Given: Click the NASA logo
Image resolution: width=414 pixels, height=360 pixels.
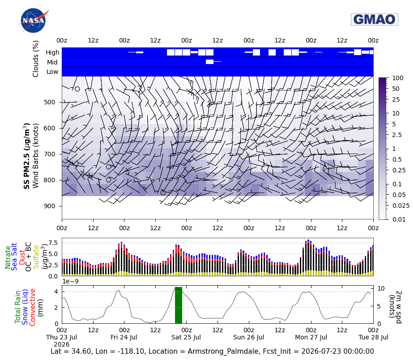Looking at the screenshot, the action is tap(34, 20).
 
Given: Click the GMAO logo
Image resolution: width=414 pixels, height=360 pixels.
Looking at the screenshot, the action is tap(375, 19).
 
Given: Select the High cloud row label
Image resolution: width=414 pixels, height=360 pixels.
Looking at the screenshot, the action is tap(52, 52).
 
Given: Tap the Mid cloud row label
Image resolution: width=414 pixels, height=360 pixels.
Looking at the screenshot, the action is tap(52, 62).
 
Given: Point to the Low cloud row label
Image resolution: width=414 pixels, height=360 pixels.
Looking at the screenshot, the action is tap(52, 72).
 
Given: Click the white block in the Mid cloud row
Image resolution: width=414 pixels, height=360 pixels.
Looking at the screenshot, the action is tap(209, 62).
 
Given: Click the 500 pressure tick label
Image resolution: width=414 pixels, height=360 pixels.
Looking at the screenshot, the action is tap(49, 102).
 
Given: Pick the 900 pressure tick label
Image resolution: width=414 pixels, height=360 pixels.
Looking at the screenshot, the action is tap(49, 206).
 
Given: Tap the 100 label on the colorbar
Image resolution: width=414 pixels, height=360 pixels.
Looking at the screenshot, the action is tap(397, 78).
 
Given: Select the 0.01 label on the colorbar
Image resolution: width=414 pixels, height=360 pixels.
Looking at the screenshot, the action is tap(399, 219).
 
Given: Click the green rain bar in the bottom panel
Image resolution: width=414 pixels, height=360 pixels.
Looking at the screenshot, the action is tap(179, 305).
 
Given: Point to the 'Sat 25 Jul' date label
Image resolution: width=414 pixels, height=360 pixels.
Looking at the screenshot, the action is tap(186, 337).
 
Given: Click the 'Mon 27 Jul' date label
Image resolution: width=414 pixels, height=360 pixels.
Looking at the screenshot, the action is tap(311, 337).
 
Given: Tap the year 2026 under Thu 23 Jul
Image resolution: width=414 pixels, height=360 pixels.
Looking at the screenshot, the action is tap(61, 344).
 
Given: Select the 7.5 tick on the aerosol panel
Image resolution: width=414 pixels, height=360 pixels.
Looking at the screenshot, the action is tap(52, 243).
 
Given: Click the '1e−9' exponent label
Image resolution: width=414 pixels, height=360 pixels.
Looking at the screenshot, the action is tap(70, 281).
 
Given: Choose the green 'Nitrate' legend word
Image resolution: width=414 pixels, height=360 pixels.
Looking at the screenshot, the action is tap(8, 257).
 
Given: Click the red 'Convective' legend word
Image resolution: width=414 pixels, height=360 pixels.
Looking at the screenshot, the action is tap(32, 307).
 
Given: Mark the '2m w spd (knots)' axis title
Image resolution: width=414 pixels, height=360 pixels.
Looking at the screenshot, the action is tap(396, 307).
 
